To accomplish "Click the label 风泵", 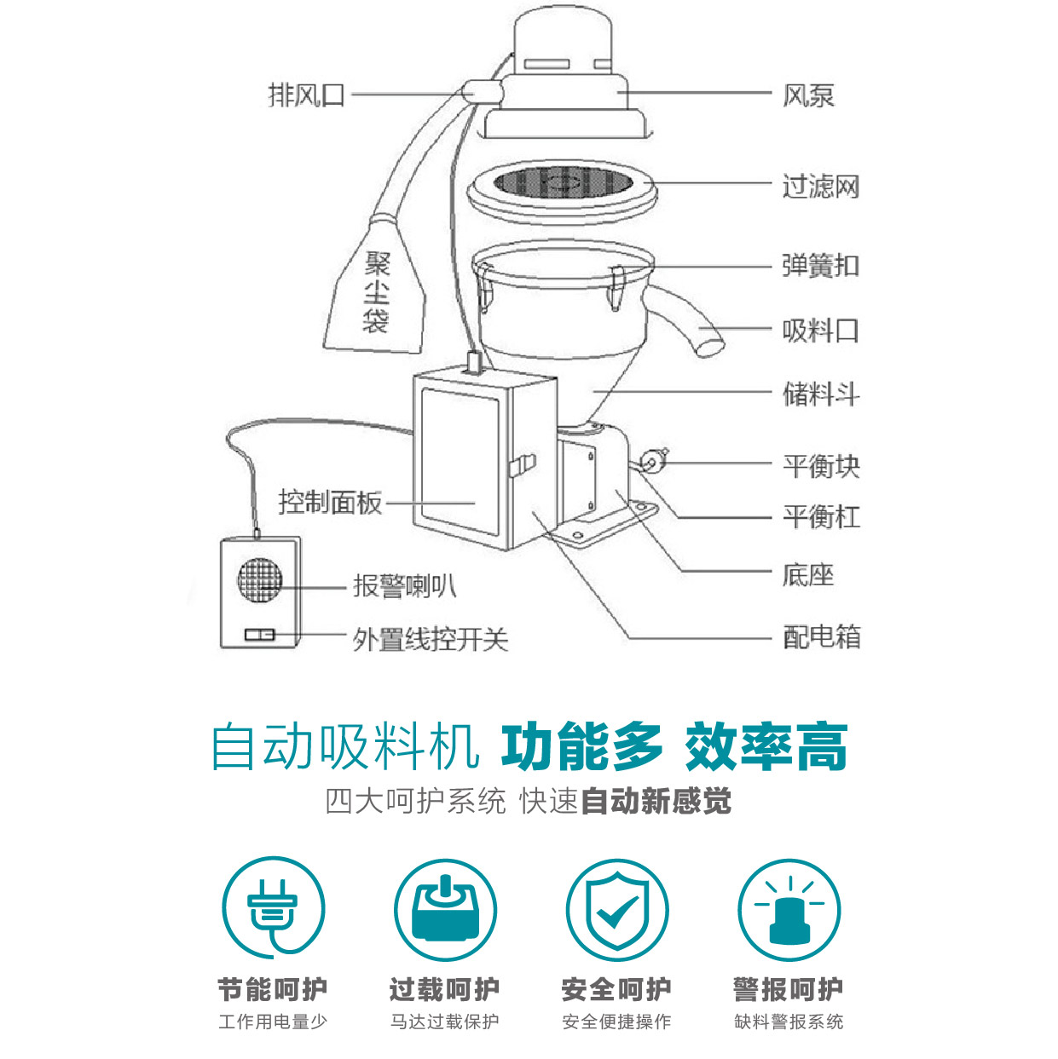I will point(807,95).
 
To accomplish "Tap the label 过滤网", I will point(820,186).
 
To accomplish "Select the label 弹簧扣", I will point(820,266).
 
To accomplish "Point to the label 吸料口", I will point(820,330).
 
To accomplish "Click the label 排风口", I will point(307,95).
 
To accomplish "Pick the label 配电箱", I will point(821,636).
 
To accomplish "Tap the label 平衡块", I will point(821,465).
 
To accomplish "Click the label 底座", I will point(807,574).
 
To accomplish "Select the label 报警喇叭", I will point(405,585).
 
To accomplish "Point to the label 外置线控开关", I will point(431,639).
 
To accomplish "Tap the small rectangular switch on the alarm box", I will point(259,635).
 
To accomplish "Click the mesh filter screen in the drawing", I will point(560,181).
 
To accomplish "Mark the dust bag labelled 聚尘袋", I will point(376,294).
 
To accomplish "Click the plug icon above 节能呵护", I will point(273,909).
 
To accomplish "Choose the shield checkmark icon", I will point(617,911).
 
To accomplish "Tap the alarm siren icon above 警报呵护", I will point(789,911).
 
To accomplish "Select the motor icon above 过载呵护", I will point(444,910).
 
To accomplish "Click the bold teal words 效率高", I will point(765,747).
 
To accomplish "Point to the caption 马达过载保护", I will point(444,1022).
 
